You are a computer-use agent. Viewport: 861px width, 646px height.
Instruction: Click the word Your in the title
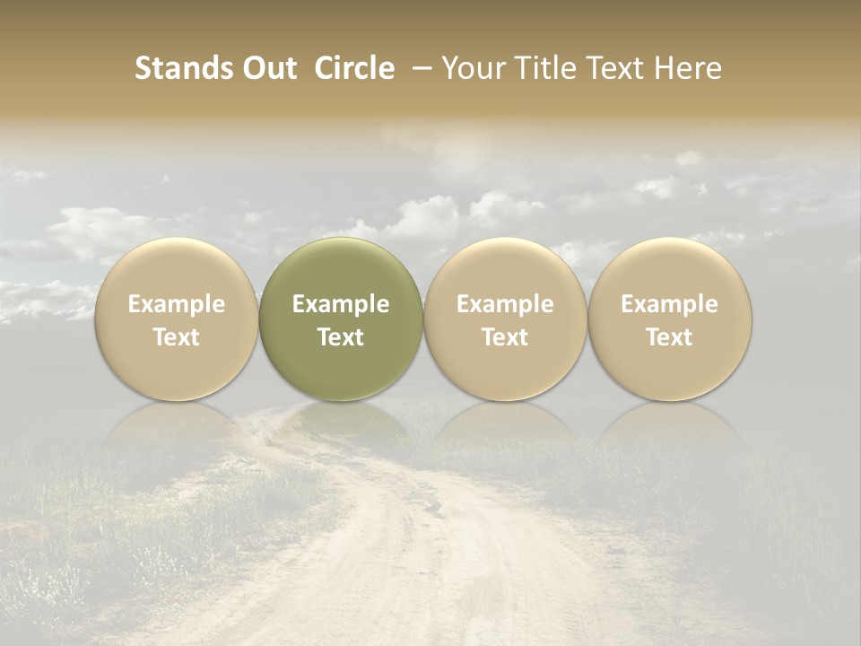(471, 68)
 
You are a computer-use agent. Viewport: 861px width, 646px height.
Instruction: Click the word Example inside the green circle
(341, 304)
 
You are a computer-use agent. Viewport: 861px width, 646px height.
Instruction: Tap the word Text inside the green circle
(341, 337)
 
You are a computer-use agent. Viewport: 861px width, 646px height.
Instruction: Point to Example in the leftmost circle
(177, 304)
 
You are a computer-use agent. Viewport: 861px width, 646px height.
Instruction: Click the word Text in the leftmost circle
(177, 337)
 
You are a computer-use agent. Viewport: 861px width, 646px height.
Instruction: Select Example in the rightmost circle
(670, 304)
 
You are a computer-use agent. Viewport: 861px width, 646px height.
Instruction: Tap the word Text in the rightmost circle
(670, 337)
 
